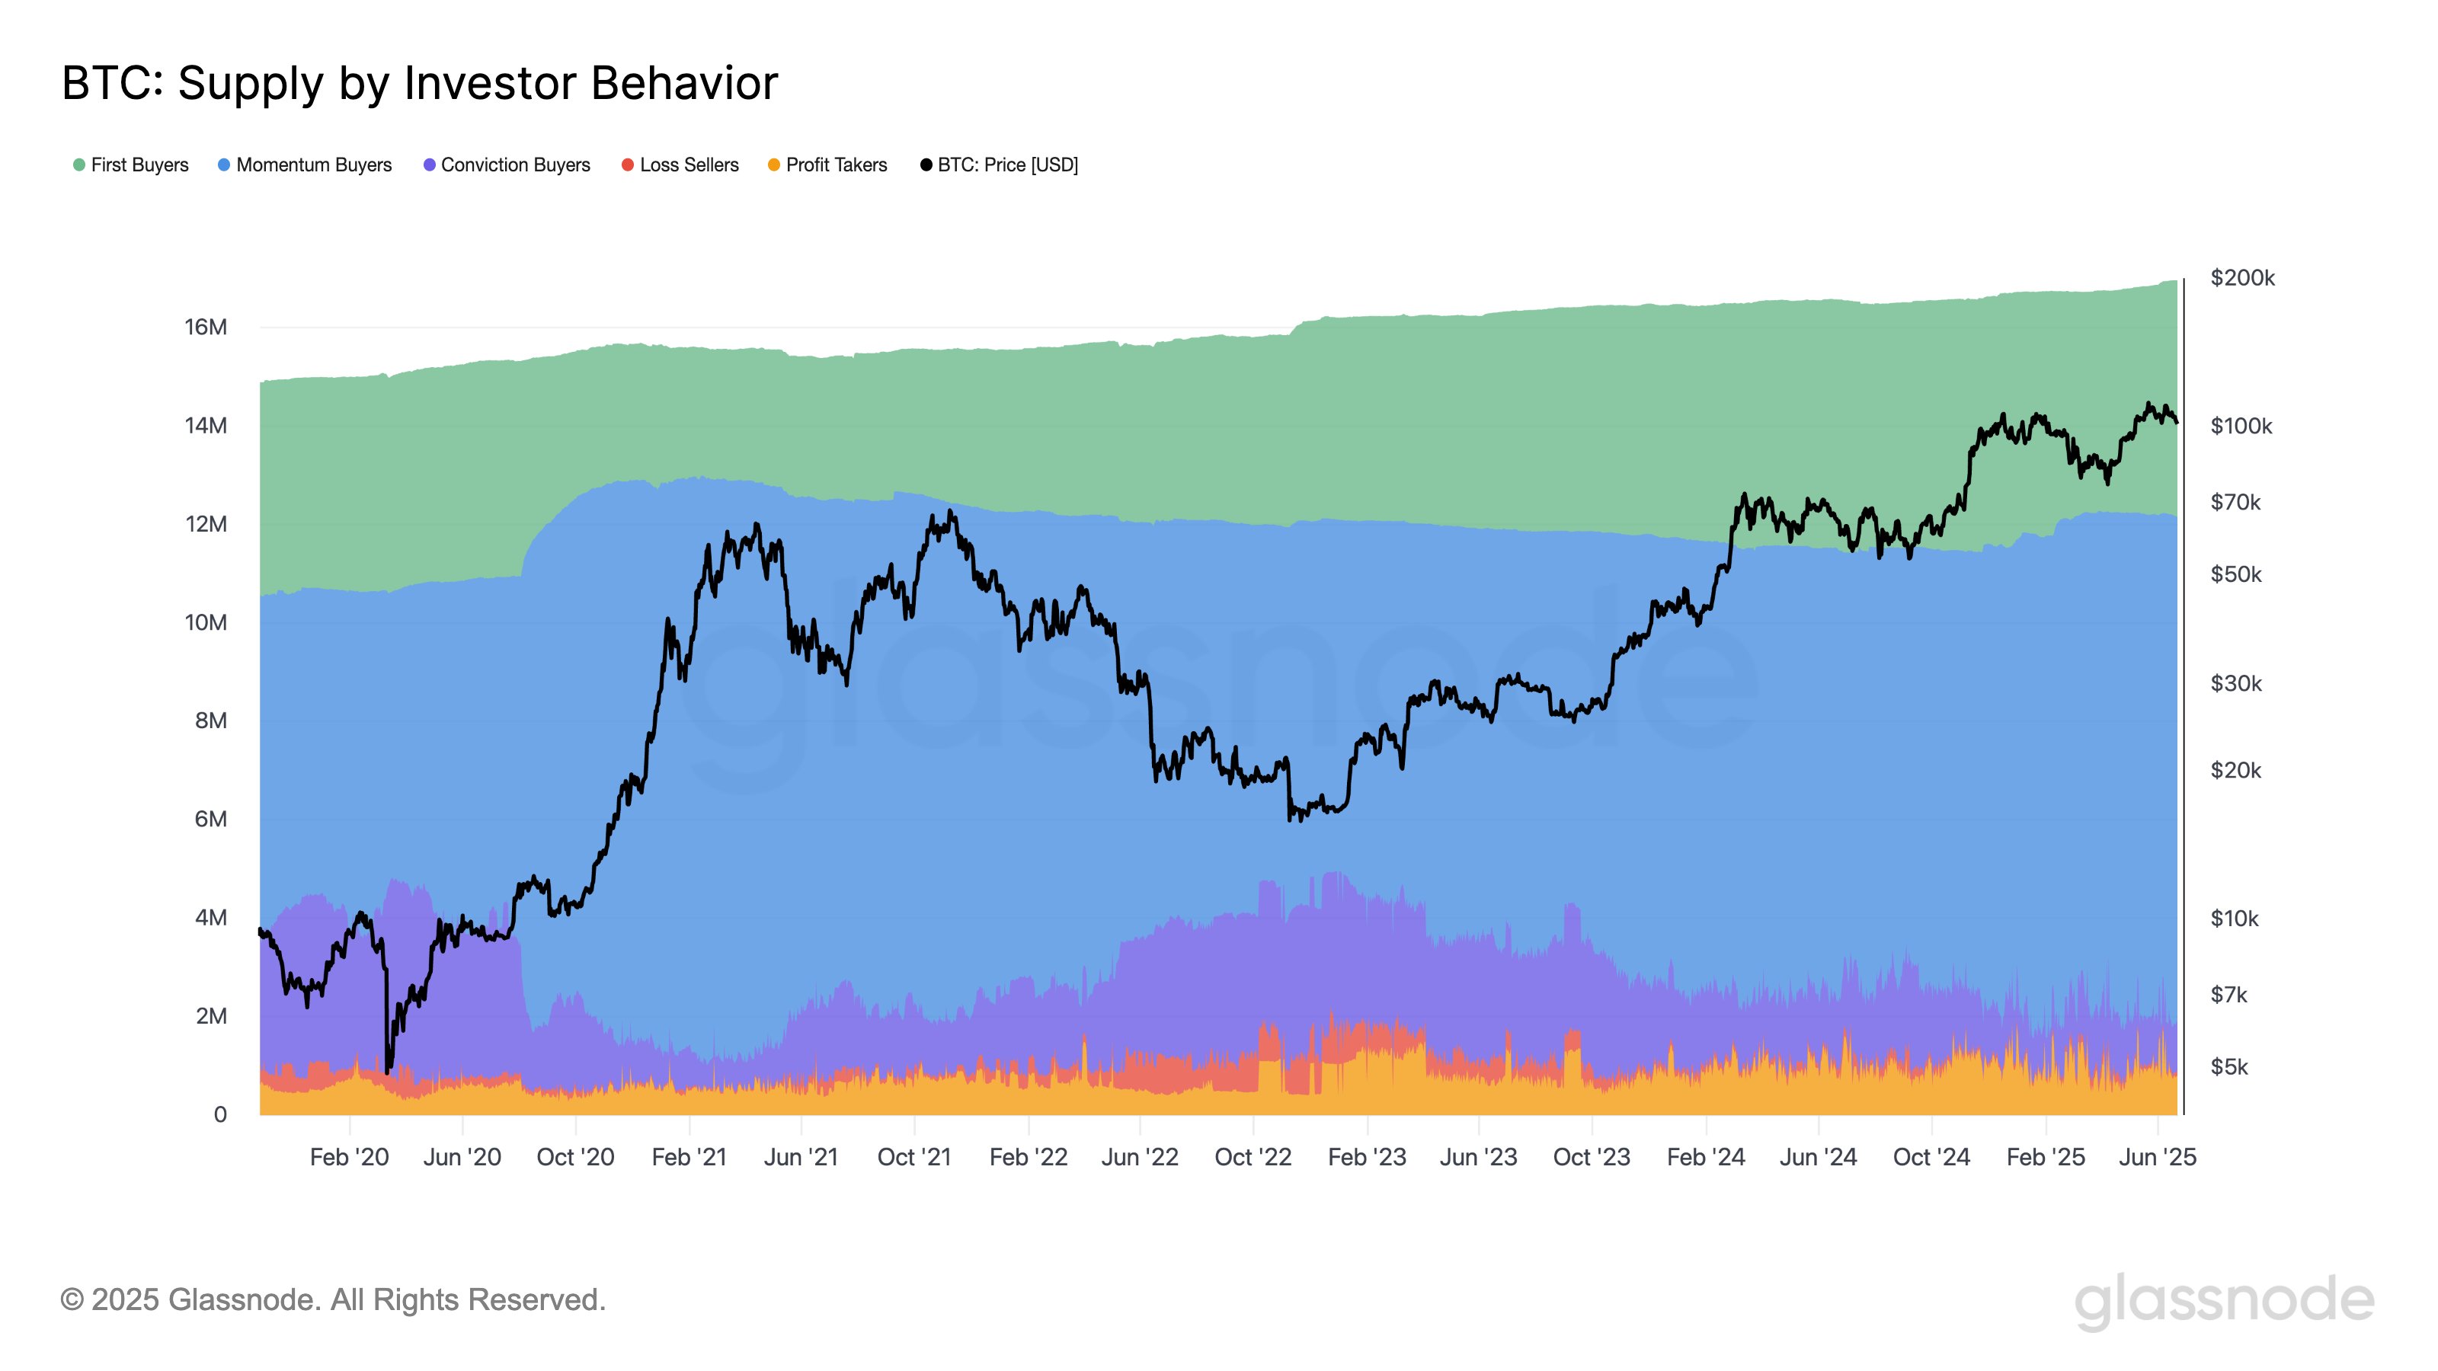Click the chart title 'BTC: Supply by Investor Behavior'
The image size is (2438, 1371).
click(419, 83)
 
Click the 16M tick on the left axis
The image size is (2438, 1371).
click(206, 328)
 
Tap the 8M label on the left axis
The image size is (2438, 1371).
click(211, 721)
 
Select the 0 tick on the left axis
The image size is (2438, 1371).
click(219, 1114)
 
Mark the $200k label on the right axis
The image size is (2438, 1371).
click(2242, 278)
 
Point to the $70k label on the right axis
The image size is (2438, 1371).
click(2235, 503)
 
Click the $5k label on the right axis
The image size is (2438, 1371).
click(2228, 1067)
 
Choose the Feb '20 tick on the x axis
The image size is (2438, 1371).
click(349, 1157)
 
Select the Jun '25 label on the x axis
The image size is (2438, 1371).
click(2157, 1157)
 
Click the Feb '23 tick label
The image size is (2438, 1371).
click(1367, 1157)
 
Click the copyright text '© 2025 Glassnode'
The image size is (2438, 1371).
click(332, 1300)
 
